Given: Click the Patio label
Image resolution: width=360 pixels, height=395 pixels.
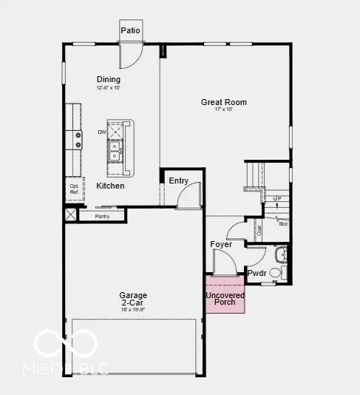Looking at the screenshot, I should point(131,30).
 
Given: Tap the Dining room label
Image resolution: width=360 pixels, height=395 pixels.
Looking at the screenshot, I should point(109,80).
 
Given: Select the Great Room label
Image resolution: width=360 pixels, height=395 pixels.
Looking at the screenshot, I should point(224,102).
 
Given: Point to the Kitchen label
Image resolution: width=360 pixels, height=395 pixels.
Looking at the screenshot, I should point(110,186).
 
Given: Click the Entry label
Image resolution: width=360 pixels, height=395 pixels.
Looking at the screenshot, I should point(179,180).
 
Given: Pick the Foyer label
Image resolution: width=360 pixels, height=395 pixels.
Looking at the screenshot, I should point(221,244).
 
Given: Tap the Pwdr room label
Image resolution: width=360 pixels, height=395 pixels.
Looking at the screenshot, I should point(257,273).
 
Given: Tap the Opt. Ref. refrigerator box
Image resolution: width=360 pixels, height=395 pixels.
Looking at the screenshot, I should point(74,189).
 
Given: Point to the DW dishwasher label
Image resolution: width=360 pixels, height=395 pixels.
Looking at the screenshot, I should point(101,132).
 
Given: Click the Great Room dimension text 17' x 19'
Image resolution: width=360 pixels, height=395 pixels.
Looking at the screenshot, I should point(224,110).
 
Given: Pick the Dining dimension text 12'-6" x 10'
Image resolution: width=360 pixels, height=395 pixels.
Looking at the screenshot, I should point(109,88).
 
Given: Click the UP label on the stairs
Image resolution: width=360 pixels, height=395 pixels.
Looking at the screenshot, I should point(277,198).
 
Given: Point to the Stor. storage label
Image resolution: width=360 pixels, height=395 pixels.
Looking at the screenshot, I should point(282,223).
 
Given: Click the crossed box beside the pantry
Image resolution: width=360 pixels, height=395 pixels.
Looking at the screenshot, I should point(70,215).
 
